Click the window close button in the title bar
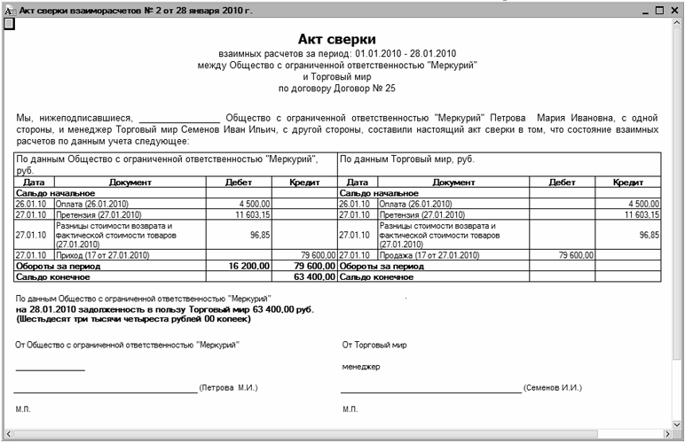(675, 10)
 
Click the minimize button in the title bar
(642, 10)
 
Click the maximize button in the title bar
(658, 10)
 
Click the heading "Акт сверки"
(336, 40)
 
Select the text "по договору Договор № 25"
(336, 89)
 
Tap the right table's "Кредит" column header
(628, 182)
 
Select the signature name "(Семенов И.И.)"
(552, 388)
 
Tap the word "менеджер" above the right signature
(360, 366)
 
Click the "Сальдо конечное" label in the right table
(376, 276)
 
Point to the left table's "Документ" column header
(130, 182)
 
